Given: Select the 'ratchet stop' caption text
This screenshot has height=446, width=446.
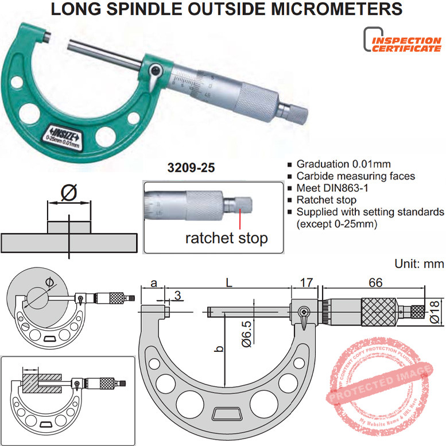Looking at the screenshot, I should tap(226, 238).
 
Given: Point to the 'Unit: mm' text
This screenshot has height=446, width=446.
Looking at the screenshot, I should tap(419, 264).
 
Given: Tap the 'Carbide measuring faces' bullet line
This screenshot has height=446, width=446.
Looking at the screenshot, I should tap(355, 176).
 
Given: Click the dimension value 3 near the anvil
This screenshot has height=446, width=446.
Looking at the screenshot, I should tap(179, 296).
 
